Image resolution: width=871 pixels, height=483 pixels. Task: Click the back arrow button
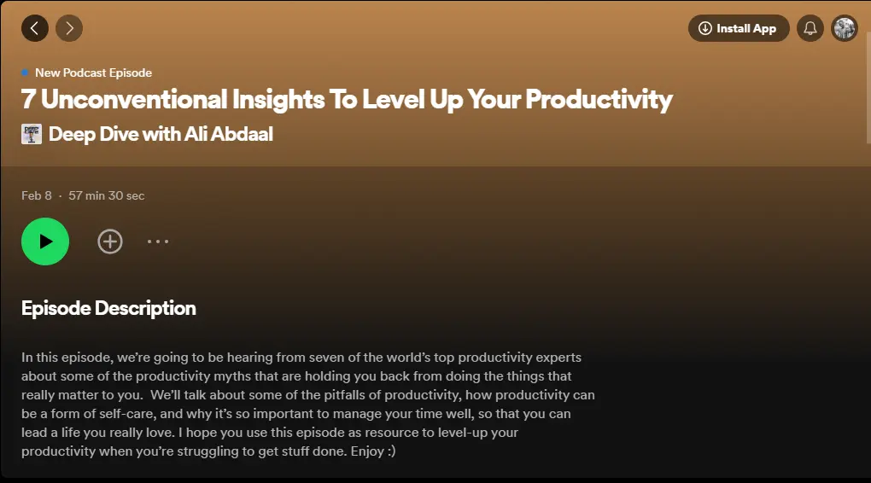(x=35, y=28)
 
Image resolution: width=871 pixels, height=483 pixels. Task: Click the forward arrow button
(x=69, y=28)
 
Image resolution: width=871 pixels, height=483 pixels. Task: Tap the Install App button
(x=739, y=28)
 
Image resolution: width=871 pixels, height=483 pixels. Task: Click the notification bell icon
(x=810, y=28)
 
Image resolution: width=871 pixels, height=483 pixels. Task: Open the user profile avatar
(x=845, y=28)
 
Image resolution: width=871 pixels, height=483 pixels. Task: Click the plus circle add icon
(x=110, y=241)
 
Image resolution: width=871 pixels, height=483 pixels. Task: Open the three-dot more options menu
(x=158, y=241)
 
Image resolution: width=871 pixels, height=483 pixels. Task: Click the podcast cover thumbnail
(x=31, y=134)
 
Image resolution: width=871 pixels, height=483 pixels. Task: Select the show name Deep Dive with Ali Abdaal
(x=161, y=134)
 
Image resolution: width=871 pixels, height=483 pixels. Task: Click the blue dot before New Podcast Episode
(x=25, y=73)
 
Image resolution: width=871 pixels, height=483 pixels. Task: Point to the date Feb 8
(x=37, y=195)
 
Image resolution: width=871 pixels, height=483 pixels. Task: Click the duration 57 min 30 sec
(x=106, y=195)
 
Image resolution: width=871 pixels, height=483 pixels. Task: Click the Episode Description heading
(x=108, y=309)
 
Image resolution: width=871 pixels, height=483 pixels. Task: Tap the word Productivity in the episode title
(x=599, y=100)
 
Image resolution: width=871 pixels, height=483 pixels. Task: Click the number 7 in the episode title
(x=28, y=100)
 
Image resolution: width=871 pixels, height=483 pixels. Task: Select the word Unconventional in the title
(x=134, y=100)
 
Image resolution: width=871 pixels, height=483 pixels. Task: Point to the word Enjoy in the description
(x=367, y=451)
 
